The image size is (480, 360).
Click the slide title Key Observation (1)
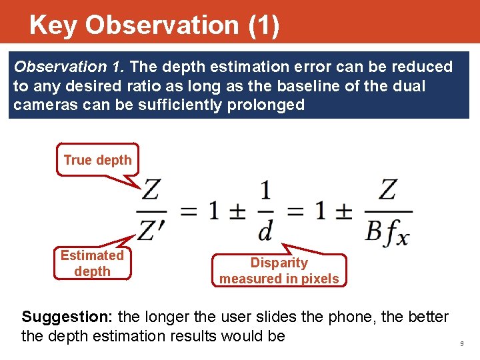coord(154,25)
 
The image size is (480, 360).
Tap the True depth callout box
coord(97,160)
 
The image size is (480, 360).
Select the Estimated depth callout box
coord(92,263)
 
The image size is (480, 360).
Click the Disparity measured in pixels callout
coord(279,271)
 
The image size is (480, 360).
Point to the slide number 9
coord(461,343)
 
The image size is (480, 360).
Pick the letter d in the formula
coord(265,231)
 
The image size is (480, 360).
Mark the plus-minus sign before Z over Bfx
coord(343,211)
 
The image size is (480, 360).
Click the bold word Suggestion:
coord(59,317)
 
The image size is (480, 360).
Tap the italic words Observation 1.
coord(70,67)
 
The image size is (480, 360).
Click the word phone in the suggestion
coord(348,317)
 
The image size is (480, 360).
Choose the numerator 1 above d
coord(265,191)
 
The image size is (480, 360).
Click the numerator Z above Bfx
coord(387,190)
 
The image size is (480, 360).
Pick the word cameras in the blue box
coord(40,105)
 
